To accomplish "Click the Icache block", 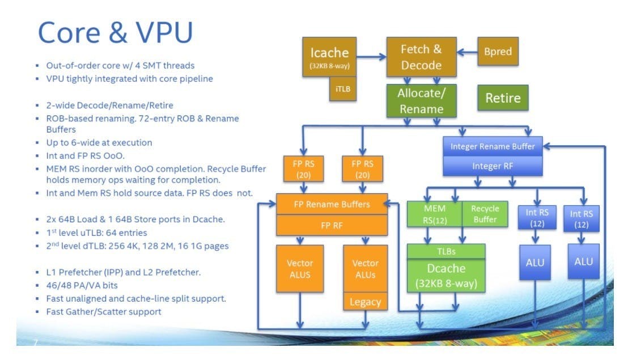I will point(329,57).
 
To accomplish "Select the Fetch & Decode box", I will point(421,57).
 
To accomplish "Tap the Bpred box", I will point(498,52).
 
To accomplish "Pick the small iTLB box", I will point(343,90).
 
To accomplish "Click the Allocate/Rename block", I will point(421,100).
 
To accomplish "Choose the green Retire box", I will point(502,98).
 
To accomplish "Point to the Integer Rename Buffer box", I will point(493,146).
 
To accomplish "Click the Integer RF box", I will point(493,166).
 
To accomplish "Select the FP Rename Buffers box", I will point(332,204).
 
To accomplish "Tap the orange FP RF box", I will point(332,225).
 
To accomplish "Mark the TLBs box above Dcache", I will point(445,250).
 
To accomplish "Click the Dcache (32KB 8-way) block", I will point(445,275).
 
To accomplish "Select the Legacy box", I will point(365,302).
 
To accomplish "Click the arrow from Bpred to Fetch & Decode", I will point(467,52).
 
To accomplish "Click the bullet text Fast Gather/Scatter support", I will point(104,311).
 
